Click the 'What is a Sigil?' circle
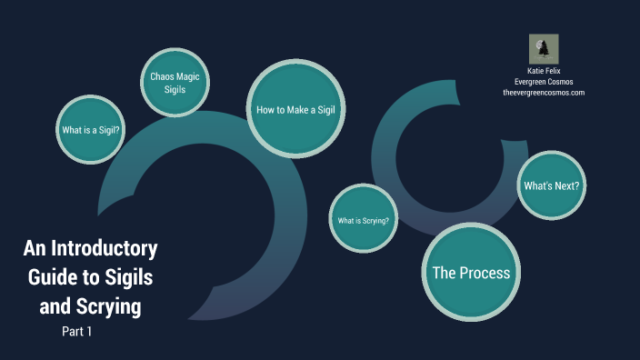91,130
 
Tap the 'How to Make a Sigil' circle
285,109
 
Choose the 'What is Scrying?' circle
363,219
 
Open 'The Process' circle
470,273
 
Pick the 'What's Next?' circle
551,185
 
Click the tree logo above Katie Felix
544,49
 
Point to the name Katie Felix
544,70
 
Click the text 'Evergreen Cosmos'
544,81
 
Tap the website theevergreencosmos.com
544,93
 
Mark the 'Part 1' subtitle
77,332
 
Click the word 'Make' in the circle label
291,109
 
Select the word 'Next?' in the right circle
565,185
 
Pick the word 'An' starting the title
34,248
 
